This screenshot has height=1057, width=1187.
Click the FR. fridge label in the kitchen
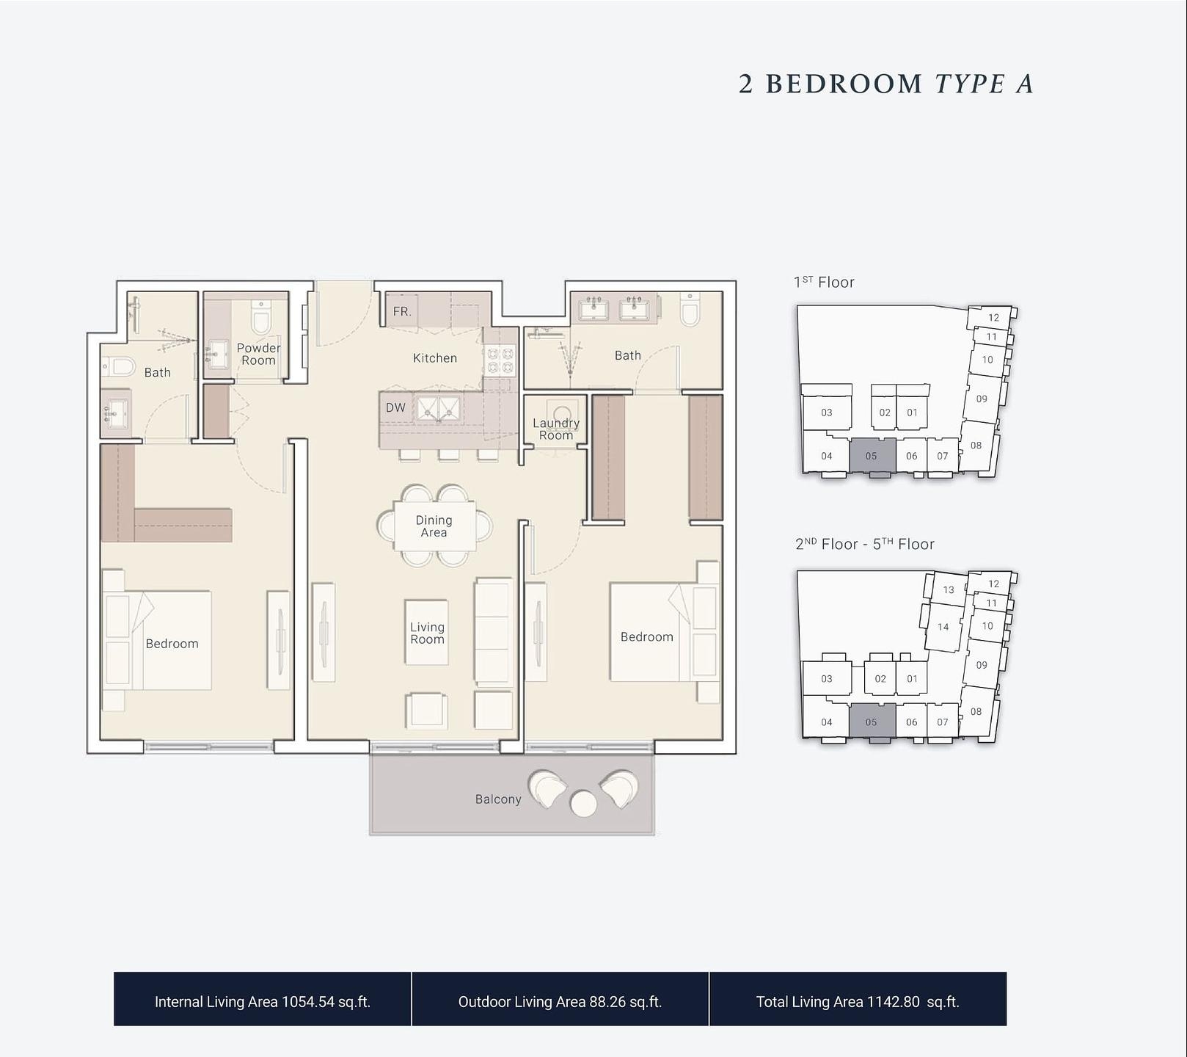click(x=402, y=311)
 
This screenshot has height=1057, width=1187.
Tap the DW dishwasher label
click(x=395, y=407)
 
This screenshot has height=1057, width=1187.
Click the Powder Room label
click(x=258, y=354)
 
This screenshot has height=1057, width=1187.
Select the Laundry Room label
click(x=556, y=429)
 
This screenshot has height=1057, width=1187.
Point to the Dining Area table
click(x=434, y=526)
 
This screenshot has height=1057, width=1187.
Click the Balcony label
click(x=498, y=799)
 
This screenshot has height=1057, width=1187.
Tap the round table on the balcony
click(x=583, y=803)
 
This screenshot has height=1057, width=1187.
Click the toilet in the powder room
click(x=261, y=316)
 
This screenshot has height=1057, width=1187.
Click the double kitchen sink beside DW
click(x=439, y=408)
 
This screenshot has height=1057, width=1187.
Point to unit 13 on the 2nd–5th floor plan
click(x=949, y=589)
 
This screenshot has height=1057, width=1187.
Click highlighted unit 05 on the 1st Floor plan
click(x=872, y=456)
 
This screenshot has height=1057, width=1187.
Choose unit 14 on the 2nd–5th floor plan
click(x=943, y=627)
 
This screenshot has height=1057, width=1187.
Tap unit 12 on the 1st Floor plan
click(x=993, y=317)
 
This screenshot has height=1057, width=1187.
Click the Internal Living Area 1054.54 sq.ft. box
click(x=263, y=999)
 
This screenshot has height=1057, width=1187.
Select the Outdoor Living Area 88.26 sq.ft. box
click(x=560, y=999)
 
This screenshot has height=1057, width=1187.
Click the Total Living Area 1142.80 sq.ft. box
click(x=858, y=999)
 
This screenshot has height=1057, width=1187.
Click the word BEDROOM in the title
click(x=844, y=84)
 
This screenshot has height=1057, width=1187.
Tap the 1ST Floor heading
click(x=824, y=282)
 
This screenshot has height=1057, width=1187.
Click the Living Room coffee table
click(x=427, y=633)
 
